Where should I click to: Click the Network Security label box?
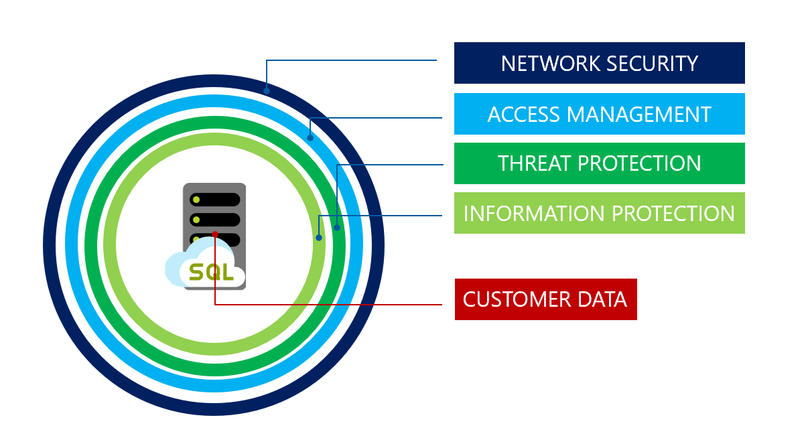[599, 63]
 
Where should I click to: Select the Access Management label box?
[599, 114]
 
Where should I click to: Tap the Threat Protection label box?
[599, 163]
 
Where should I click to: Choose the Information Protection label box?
[599, 213]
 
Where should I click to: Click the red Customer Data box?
[545, 299]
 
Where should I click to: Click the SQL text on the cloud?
[212, 273]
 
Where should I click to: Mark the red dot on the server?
[214, 234]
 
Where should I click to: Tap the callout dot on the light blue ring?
[310, 138]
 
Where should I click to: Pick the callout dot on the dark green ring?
[337, 228]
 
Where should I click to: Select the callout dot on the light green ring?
[319, 237]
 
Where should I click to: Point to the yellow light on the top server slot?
[196, 200]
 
